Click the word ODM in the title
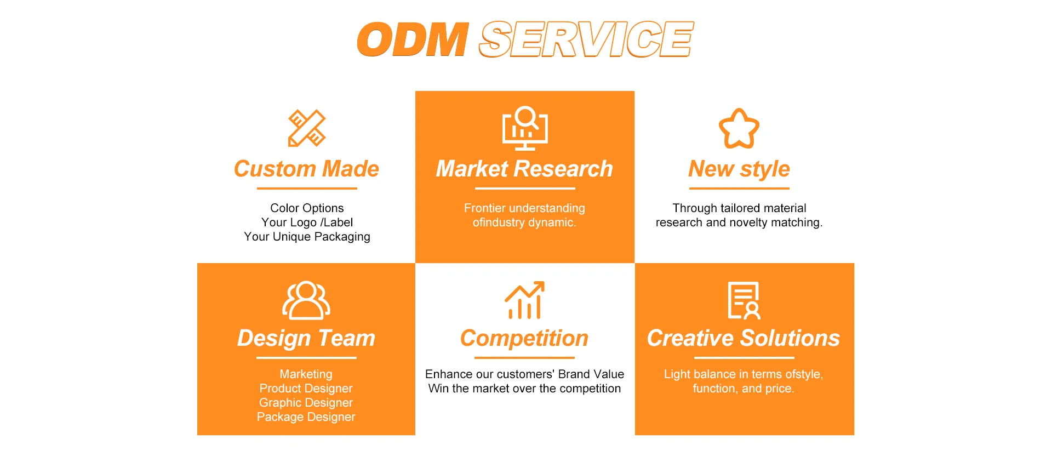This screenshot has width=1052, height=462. tap(413, 39)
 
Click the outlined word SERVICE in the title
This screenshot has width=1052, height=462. tap(586, 39)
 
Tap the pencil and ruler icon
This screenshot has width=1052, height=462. tap(307, 128)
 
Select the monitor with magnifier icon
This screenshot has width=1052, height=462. tap(525, 128)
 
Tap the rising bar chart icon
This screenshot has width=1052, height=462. tap(524, 300)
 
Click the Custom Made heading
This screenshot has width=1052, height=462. tap(306, 169)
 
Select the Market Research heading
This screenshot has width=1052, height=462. tap(524, 169)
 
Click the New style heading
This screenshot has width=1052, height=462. tap(739, 169)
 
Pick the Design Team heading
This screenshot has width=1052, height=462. tap(306, 339)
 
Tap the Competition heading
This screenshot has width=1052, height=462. tap(524, 339)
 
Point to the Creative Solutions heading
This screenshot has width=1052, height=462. tap(744, 338)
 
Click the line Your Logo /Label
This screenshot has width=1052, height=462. tap(307, 223)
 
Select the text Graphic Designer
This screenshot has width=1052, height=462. tap(306, 403)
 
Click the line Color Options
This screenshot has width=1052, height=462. tap(307, 208)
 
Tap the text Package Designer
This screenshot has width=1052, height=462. tap(306, 417)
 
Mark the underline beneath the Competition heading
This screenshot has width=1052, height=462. tap(524, 358)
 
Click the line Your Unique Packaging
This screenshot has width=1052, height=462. tap(307, 237)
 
